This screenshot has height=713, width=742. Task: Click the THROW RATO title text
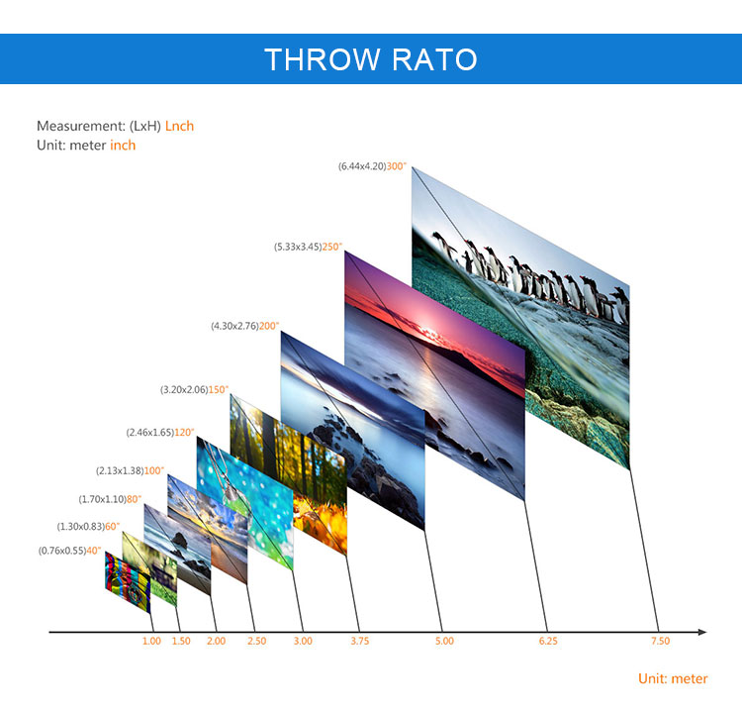(x=371, y=59)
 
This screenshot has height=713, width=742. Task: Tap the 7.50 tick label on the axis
(x=660, y=641)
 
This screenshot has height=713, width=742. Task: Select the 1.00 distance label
(x=152, y=641)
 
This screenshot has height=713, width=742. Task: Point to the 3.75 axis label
(x=360, y=641)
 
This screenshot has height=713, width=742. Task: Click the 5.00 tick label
(x=444, y=641)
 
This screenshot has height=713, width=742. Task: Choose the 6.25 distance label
(x=548, y=641)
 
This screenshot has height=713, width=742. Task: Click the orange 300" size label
(x=397, y=166)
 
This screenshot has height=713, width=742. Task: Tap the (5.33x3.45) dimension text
(x=298, y=247)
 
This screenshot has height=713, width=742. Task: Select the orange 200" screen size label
(x=269, y=326)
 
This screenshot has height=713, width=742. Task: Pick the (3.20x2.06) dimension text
(x=184, y=390)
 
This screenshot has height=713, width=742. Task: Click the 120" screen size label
(x=184, y=433)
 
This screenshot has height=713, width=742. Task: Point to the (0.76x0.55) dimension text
(x=62, y=551)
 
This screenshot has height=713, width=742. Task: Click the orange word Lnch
(x=179, y=126)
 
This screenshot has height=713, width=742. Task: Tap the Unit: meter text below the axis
(x=673, y=678)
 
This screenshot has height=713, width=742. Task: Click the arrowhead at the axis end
(x=702, y=632)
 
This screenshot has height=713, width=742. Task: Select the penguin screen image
(x=520, y=318)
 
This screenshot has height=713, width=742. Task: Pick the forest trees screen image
(x=289, y=473)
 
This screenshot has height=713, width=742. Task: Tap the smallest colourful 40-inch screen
(x=128, y=582)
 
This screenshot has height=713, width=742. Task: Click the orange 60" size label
(x=112, y=527)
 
